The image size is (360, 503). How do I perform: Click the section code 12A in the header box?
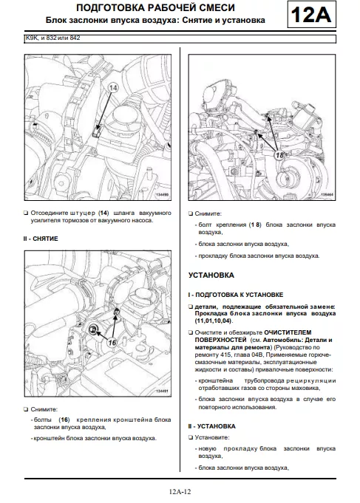(x=310, y=15)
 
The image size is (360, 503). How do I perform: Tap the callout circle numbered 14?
(x=112, y=88)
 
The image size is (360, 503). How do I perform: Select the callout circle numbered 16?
(x=112, y=343)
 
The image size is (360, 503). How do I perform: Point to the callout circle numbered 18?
(x=280, y=155)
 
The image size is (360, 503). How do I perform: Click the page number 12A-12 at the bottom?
(x=180, y=491)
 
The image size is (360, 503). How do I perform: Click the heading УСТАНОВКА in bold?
(x=211, y=276)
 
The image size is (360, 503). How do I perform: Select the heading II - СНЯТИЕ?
(x=41, y=239)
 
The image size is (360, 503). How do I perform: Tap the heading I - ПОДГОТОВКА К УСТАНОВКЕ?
(x=235, y=295)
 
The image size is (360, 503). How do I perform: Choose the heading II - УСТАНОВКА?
(x=211, y=426)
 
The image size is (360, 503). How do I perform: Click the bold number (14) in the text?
(x=103, y=213)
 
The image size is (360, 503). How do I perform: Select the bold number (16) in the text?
(x=64, y=420)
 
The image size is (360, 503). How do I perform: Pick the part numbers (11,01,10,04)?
(x=214, y=321)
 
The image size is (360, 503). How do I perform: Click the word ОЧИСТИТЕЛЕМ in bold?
(x=288, y=332)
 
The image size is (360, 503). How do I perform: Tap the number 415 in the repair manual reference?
(x=223, y=355)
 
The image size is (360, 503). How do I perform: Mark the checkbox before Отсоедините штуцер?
(x=26, y=213)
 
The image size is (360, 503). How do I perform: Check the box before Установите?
(x=191, y=437)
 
